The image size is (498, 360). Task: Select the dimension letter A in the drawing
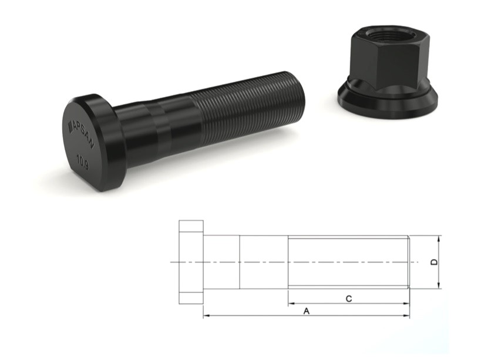click(306, 311)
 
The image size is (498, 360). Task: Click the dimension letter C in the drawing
click(348, 299)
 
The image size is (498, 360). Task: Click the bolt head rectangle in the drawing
click(191, 262)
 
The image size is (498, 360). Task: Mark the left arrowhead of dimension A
click(206, 317)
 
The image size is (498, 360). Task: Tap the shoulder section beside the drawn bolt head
click(221, 262)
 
